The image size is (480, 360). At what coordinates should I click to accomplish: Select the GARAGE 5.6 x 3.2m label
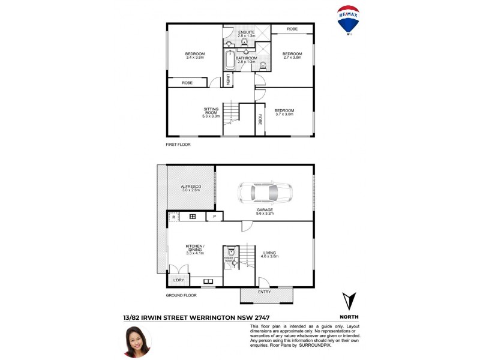tap(263, 211)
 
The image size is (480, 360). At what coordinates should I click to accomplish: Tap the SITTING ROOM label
tap(211, 112)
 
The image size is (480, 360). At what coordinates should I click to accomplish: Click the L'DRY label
tap(178, 280)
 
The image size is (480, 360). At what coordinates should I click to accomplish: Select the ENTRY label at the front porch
tap(265, 292)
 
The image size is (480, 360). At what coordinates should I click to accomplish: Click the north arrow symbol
tap(349, 302)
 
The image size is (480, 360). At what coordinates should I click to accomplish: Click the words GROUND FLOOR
tap(182, 296)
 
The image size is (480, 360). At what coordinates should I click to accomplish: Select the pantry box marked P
tap(214, 216)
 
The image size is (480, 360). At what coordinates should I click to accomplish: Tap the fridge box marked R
tap(173, 216)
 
